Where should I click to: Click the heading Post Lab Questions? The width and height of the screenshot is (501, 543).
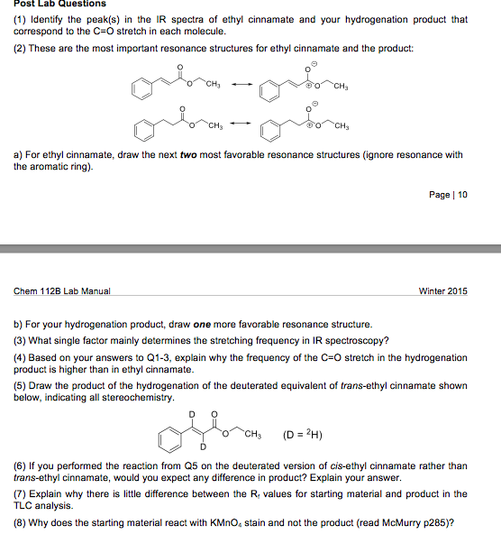59,5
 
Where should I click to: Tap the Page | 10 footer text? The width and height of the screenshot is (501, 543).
448,195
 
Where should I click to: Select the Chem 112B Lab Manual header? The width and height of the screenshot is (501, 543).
62,291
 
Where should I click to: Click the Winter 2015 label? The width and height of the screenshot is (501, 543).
443,291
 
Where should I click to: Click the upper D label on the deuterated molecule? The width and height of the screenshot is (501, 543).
191,414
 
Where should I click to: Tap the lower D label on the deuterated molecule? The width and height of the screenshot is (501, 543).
204,448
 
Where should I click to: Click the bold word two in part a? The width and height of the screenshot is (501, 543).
188,155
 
